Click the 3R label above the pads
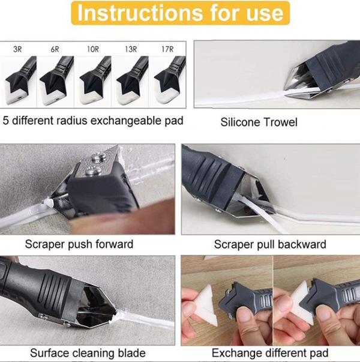(17, 49)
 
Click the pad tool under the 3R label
(19, 81)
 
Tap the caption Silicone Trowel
(259, 122)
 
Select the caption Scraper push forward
(79, 244)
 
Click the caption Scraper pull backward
(270, 244)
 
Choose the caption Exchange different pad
(270, 353)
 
